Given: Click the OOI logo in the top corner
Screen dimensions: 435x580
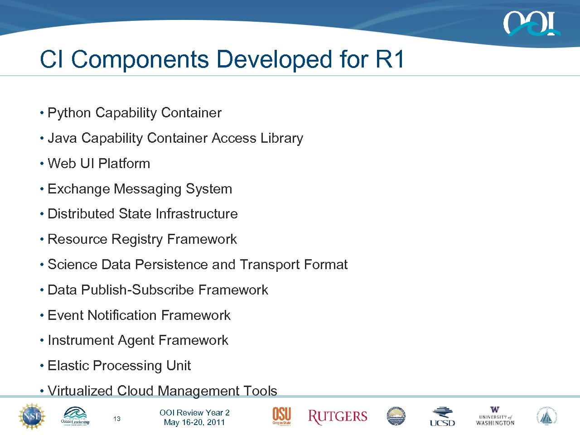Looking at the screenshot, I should pyautogui.click(x=531, y=24).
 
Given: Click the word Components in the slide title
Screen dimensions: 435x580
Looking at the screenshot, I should pyautogui.click(x=140, y=59).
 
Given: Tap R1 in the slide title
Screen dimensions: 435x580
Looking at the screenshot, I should pyautogui.click(x=390, y=59).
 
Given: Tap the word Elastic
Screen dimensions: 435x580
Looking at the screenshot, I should pyautogui.click(x=68, y=366).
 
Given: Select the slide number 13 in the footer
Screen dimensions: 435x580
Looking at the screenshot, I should pyautogui.click(x=117, y=419).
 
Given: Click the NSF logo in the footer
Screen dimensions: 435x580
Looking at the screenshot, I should pyautogui.click(x=32, y=416).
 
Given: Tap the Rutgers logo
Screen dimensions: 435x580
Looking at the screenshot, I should pyautogui.click(x=338, y=417).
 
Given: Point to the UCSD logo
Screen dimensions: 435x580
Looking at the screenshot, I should pyautogui.click(x=442, y=417).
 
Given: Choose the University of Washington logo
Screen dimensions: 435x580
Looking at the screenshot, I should pyautogui.click(x=495, y=416).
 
